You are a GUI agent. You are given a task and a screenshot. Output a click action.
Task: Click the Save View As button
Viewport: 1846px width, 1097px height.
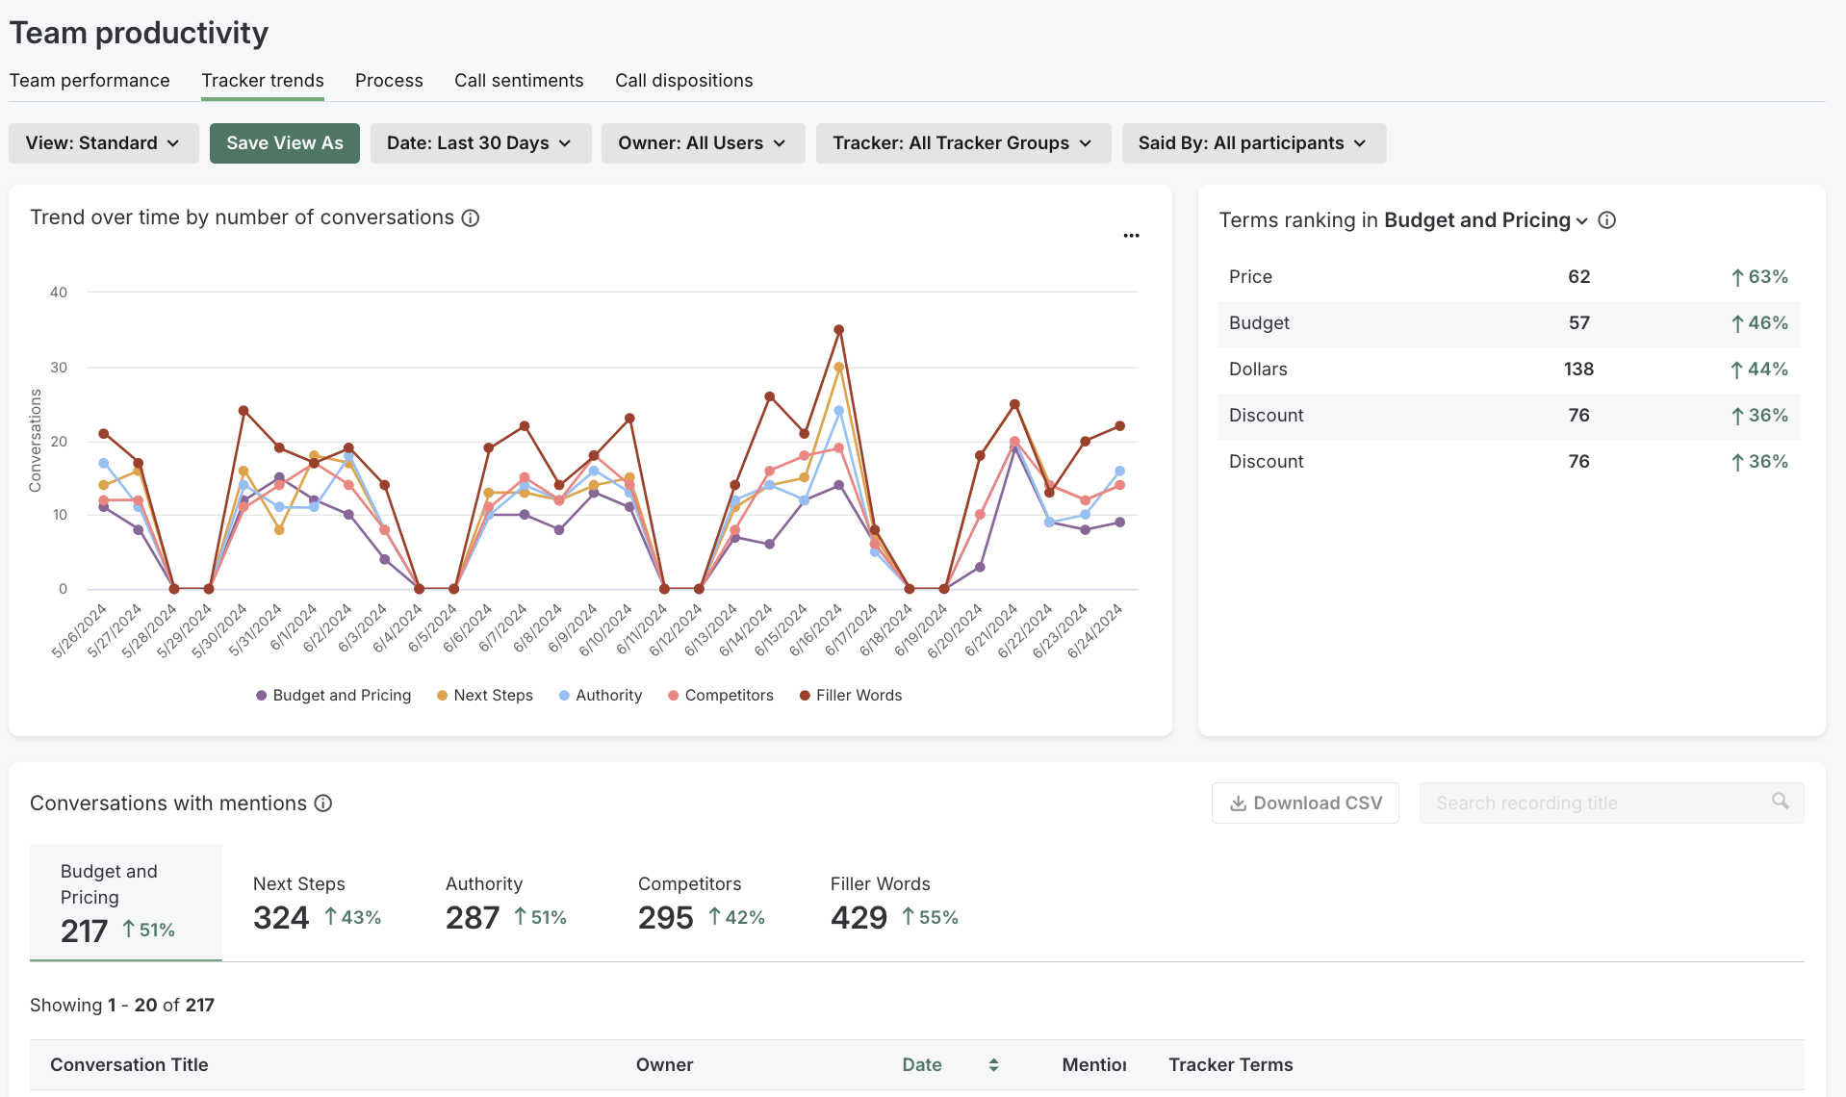pyautogui.click(x=284, y=143)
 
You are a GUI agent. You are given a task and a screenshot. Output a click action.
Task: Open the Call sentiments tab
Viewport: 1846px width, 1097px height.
pyautogui.click(x=519, y=81)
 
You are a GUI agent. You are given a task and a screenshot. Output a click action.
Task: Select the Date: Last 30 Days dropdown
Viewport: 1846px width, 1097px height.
pyautogui.click(x=479, y=143)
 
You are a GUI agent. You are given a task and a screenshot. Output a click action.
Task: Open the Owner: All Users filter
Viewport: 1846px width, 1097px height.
pyautogui.click(x=702, y=143)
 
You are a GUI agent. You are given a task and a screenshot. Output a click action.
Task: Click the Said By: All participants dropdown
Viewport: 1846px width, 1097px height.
pyautogui.click(x=1252, y=143)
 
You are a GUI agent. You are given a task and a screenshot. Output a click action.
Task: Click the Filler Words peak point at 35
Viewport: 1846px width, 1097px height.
pyautogui.click(x=838, y=330)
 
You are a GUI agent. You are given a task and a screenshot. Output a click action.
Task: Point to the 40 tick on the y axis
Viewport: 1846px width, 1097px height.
pyautogui.click(x=59, y=293)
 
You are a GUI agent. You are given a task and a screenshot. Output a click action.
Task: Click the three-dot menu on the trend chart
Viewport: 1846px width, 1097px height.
pyautogui.click(x=1131, y=236)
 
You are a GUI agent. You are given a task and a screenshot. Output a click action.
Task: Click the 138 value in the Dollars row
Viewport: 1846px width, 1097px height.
pyautogui.click(x=1578, y=370)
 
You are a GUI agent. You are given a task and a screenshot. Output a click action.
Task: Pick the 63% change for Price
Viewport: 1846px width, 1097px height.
pyautogui.click(x=1759, y=277)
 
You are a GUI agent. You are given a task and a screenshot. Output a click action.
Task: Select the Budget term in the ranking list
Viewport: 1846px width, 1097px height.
pyautogui.click(x=1259, y=323)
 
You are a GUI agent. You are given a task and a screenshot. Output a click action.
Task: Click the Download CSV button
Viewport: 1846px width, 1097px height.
pyautogui.click(x=1305, y=804)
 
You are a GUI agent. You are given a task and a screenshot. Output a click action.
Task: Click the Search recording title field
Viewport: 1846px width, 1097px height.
pyautogui.click(x=1598, y=804)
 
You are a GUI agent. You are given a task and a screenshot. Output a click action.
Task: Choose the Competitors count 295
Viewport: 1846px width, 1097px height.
pyautogui.click(x=665, y=918)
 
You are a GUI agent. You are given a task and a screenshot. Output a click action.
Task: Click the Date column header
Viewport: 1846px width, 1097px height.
pyautogui.click(x=921, y=1065)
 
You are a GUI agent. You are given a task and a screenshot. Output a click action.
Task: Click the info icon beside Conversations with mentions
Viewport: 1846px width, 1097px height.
pyautogui.click(x=323, y=804)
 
